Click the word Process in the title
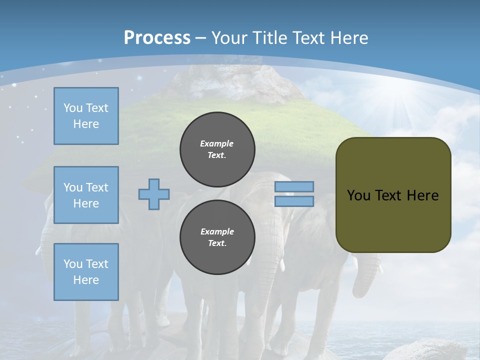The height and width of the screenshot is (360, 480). coord(157,37)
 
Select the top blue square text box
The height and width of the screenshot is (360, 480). coord(86,116)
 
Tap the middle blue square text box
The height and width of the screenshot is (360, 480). coord(86,195)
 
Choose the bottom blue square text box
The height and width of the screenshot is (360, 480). coord(86,272)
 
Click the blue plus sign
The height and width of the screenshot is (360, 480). coord(154,194)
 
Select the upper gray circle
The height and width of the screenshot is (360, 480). coord(217,149)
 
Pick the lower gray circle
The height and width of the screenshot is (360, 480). coord(217,237)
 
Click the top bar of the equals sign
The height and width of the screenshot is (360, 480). coord(294,186)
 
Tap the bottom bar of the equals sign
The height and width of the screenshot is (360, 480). coord(294,201)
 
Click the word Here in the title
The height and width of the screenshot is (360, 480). coord(349,37)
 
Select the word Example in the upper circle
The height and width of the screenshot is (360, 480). coord(217,143)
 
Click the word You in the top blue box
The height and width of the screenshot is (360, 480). coord(72,108)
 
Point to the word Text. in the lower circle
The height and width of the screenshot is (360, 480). coord(217,243)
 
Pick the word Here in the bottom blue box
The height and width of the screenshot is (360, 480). coord(86,280)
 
